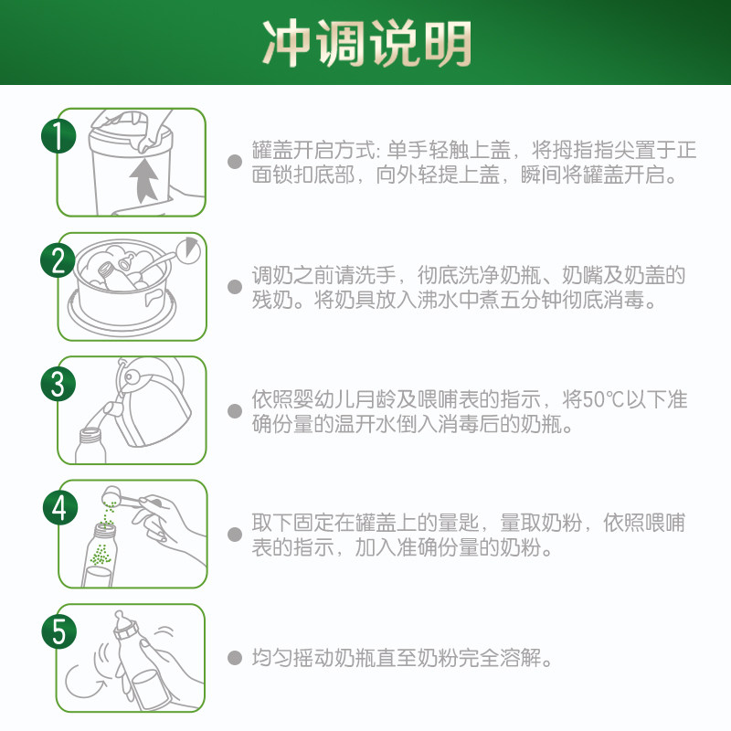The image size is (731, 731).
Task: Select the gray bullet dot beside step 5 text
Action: click(235, 658)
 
